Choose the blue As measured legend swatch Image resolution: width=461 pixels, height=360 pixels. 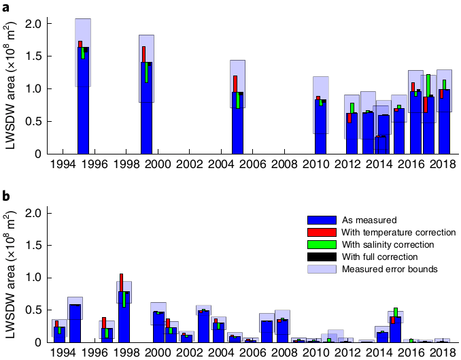[322, 220]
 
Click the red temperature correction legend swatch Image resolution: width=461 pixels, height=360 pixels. [322, 232]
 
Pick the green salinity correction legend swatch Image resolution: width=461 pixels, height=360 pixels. [322, 244]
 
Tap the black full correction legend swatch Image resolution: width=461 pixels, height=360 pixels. [322, 257]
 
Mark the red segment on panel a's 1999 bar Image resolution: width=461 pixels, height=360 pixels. [144, 54]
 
